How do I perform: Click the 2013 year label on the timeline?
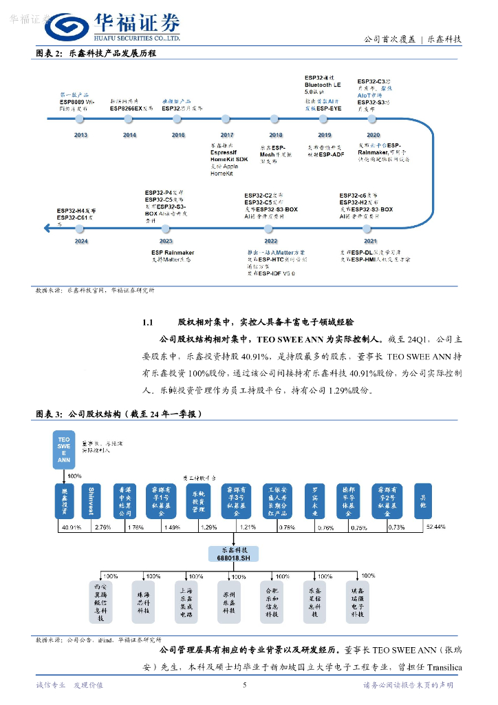pos(80,135)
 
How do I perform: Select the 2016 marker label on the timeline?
pos(178,135)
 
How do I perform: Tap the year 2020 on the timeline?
pos(373,135)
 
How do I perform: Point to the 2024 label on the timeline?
pos(80,241)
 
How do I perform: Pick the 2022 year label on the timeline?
pos(270,241)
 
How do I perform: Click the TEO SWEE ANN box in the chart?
pos(64,450)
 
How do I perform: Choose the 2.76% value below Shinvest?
pos(102,527)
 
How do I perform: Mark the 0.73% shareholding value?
pos(396,527)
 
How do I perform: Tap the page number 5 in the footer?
pos(245,685)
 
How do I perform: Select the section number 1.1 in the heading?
pos(151,322)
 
